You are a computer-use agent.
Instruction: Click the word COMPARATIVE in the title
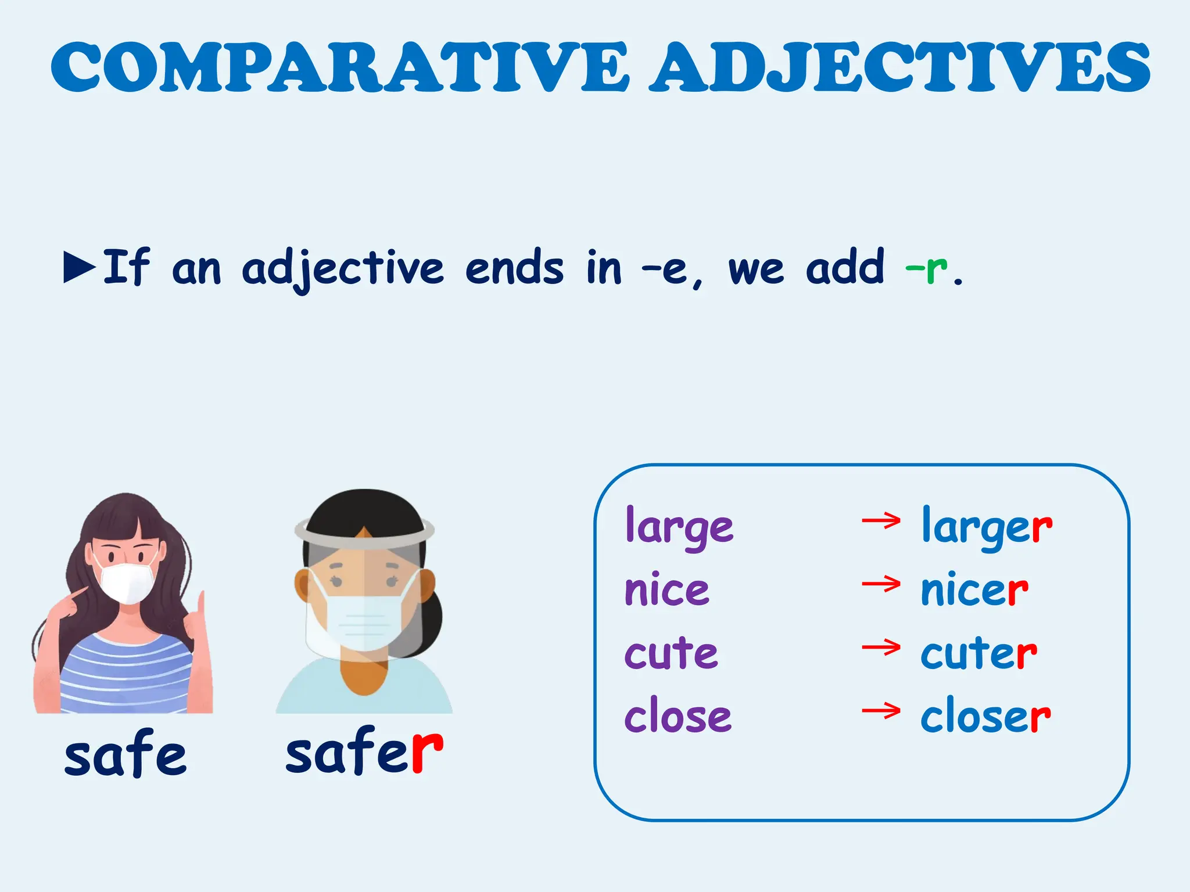(x=340, y=67)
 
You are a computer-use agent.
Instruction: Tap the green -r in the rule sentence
(x=926, y=268)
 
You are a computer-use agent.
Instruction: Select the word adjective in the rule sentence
(x=343, y=268)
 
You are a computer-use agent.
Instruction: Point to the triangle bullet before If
(x=79, y=267)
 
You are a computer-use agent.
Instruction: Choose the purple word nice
(x=666, y=590)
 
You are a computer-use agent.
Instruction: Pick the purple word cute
(x=671, y=653)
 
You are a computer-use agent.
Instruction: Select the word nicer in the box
(x=974, y=590)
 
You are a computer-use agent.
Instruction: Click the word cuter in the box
(x=978, y=653)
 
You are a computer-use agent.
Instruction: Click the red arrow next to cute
(x=881, y=647)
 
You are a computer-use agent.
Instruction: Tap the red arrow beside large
(x=881, y=521)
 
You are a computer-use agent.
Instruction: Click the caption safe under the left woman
(x=125, y=754)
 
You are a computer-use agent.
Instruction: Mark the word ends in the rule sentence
(x=514, y=268)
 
